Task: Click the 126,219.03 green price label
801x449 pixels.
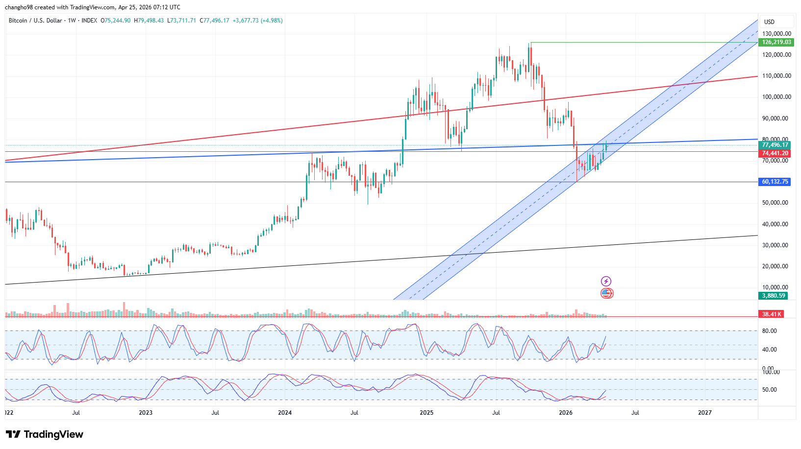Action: click(x=776, y=42)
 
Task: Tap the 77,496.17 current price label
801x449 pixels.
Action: click(x=775, y=145)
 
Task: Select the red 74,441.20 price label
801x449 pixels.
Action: click(x=775, y=153)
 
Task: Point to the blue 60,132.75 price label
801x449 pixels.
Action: click(x=775, y=182)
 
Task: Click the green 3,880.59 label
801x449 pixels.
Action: click(x=773, y=296)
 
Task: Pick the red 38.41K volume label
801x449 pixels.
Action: click(x=772, y=314)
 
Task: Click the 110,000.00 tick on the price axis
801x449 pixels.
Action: click(x=776, y=76)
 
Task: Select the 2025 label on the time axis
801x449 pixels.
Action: click(x=426, y=413)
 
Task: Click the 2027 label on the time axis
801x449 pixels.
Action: click(x=704, y=413)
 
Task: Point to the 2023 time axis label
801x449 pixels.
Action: click(x=146, y=413)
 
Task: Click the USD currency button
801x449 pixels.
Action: click(x=769, y=22)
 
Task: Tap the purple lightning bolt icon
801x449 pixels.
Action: click(x=606, y=281)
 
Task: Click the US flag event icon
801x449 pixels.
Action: click(x=606, y=293)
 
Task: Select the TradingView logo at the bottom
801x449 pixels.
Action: click(x=45, y=434)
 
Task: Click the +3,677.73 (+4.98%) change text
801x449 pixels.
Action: click(x=257, y=21)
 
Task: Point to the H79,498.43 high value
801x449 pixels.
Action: click(x=149, y=21)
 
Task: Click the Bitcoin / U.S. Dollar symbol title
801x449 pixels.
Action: click(x=35, y=21)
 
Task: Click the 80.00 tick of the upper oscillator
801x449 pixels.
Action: click(x=770, y=331)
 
